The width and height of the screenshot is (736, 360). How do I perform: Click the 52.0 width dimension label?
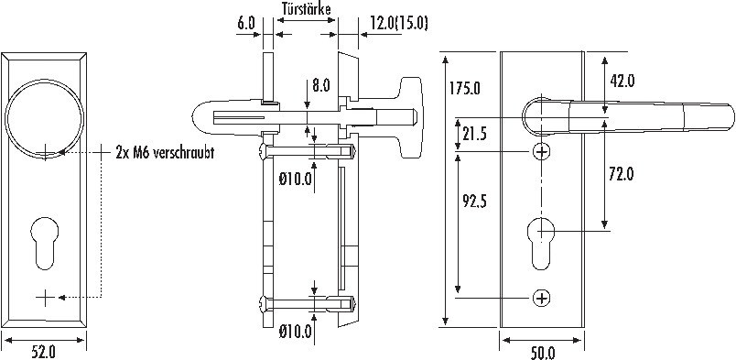44,353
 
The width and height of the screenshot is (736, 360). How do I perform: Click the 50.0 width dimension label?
543,353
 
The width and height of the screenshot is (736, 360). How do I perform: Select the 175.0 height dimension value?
464,88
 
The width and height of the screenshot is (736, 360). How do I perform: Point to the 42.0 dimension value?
622,81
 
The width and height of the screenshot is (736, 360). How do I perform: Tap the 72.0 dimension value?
621,175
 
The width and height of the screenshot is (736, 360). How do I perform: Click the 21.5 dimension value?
474,134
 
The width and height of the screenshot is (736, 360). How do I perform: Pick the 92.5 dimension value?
473,202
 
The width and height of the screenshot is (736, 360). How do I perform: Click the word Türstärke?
307,8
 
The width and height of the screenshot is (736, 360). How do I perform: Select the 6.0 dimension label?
245,24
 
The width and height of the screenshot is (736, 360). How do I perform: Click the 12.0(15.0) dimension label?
399,24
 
